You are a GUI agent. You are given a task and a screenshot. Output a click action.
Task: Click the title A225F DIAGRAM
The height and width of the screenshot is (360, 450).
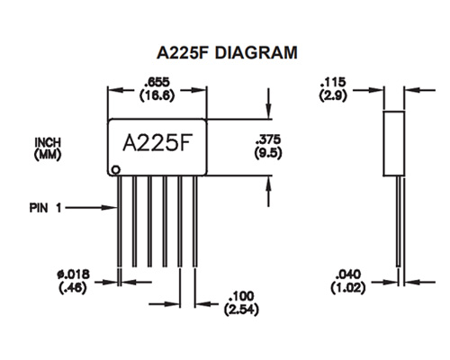tap(227, 53)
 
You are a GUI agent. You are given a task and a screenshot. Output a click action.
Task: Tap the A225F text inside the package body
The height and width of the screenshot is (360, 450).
tap(157, 143)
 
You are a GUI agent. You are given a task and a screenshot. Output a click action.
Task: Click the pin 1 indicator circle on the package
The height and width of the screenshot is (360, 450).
tap(115, 170)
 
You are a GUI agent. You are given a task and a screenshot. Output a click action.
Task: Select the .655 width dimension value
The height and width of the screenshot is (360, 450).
tap(157, 82)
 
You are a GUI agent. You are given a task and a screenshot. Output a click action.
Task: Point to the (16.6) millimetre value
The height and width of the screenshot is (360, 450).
tap(157, 95)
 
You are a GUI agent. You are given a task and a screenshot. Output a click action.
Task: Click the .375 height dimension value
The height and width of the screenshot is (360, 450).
tap(268, 139)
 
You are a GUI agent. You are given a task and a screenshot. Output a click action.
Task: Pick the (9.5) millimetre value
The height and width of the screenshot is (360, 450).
tap(268, 153)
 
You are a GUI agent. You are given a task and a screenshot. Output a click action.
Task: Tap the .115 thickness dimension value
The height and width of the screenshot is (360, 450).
tap(333, 82)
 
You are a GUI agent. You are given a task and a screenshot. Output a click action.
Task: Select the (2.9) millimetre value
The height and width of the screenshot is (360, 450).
tap(333, 95)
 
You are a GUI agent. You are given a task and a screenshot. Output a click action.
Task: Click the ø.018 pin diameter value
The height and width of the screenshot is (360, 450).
tap(73, 274)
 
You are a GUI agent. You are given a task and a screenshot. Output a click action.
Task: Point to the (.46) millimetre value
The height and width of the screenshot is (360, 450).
tap(73, 288)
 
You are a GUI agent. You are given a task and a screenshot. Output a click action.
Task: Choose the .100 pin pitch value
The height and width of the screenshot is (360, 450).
tap(241, 296)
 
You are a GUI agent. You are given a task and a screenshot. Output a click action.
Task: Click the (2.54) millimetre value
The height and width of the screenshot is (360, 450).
tap(241, 310)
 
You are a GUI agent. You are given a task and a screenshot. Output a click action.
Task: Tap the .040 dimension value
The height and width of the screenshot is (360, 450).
tap(348, 274)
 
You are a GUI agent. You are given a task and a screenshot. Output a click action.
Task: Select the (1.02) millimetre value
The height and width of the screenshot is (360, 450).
tap(348, 288)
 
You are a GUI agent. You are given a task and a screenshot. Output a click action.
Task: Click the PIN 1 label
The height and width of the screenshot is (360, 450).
tap(45, 208)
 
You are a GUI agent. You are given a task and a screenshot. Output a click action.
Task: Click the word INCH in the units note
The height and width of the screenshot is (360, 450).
tap(48, 142)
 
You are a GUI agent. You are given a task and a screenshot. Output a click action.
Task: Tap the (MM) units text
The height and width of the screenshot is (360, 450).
tap(48, 155)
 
